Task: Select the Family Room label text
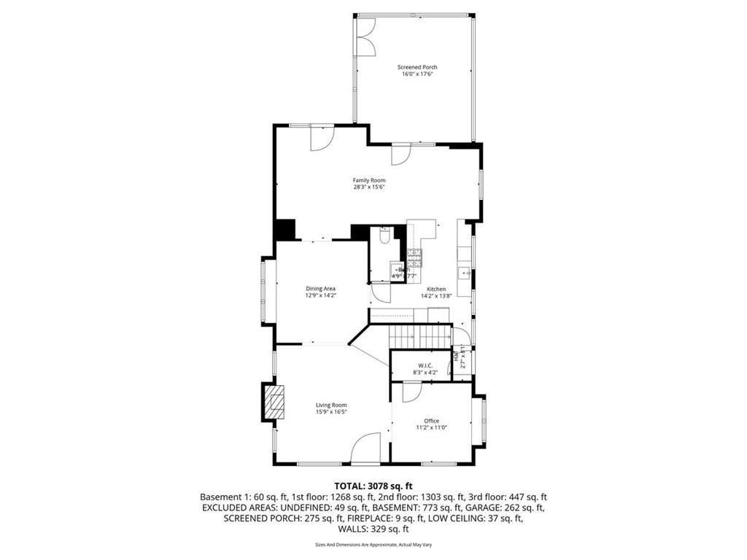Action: [369, 180]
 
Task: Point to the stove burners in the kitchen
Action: [414, 256]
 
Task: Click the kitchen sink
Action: [464, 273]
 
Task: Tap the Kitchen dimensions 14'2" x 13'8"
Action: [436, 296]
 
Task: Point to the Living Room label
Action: [331, 405]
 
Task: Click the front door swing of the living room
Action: [366, 446]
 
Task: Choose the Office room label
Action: [432, 421]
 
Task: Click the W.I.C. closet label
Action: [425, 365]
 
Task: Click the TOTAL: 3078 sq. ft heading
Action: [373, 485]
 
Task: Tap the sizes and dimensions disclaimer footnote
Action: [373, 545]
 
